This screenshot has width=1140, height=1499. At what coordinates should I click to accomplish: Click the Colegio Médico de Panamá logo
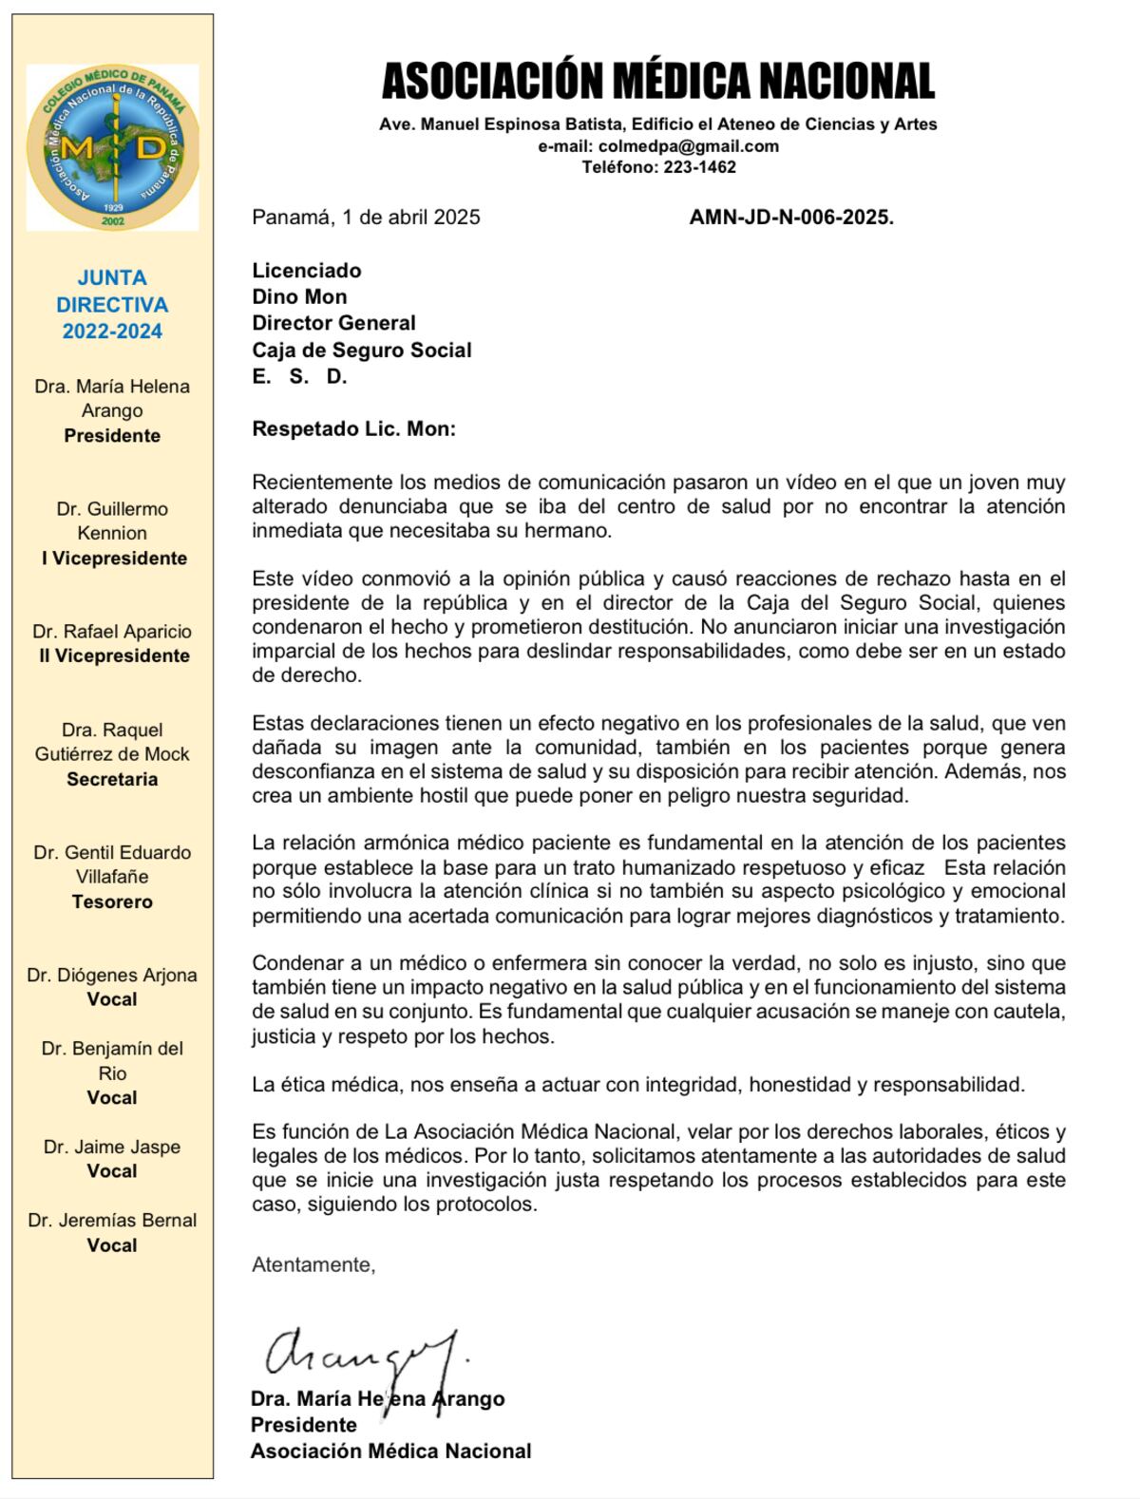point(112,147)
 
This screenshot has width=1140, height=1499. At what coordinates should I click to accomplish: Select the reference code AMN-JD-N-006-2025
point(791,217)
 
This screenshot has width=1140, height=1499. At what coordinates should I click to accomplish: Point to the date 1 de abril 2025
point(411,217)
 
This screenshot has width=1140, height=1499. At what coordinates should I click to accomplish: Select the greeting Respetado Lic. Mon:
point(353,429)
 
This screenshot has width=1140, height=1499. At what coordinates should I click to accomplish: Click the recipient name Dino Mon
point(299,297)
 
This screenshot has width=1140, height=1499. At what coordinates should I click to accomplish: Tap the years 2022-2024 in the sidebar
point(112,332)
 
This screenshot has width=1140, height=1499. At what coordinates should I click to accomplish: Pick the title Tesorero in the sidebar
point(112,901)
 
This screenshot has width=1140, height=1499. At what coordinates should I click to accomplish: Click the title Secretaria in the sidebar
point(112,779)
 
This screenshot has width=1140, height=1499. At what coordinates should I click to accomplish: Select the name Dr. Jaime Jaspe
point(112,1147)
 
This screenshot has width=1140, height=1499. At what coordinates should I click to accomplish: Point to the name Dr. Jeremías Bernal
point(112,1220)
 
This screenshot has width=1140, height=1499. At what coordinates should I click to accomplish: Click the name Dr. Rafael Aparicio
point(112,632)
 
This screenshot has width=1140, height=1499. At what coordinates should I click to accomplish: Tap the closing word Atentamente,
point(313,1265)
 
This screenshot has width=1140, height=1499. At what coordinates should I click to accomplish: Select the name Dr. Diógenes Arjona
point(112,975)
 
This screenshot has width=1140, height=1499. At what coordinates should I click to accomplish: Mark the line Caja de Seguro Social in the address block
point(362,351)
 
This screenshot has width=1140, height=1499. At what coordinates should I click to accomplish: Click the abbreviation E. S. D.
point(299,377)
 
